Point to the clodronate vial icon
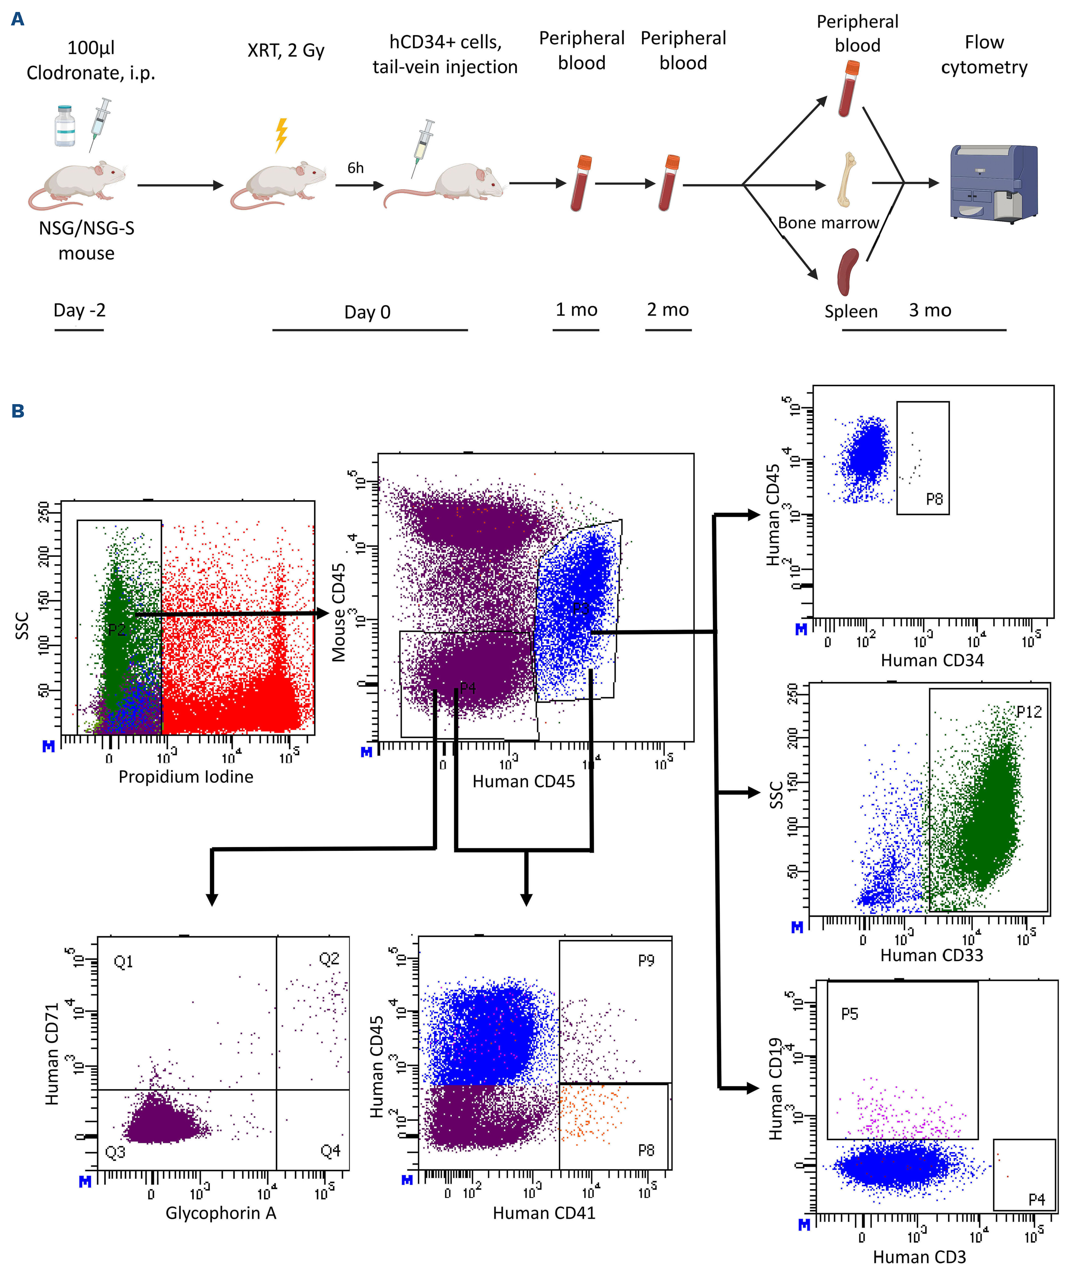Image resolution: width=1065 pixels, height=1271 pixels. [65, 126]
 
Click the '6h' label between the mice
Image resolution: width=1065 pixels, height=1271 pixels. [355, 168]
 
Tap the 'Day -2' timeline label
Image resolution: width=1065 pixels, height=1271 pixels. [79, 310]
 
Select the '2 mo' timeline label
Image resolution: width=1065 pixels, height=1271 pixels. [668, 310]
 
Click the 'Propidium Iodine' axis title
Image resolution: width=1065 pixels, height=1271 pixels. [186, 776]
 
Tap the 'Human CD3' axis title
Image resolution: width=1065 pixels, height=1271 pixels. [919, 1257]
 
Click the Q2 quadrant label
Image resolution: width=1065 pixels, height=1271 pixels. [329, 959]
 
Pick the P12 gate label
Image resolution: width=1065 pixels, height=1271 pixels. [1029, 712]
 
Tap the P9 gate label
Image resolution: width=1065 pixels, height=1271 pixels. [646, 961]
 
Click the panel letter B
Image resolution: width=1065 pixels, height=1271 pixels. [18, 412]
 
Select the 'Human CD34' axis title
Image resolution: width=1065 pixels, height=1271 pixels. [932, 660]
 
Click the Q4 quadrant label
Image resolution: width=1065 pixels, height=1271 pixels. [331, 1151]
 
